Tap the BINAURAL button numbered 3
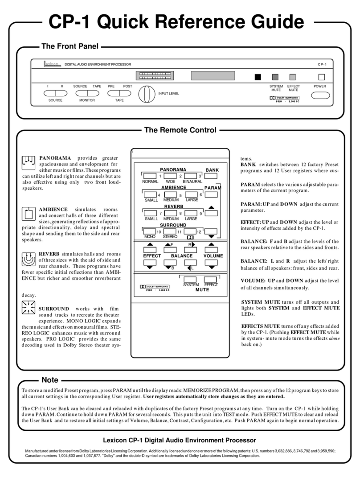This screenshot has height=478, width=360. pos(191,177)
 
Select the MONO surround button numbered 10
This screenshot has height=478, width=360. pos(149,231)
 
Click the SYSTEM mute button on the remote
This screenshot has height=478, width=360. pos(190,280)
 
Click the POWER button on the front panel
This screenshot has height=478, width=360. pos(320,95)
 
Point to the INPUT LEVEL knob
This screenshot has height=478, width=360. pos(145,94)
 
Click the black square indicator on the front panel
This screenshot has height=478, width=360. pos(258,77)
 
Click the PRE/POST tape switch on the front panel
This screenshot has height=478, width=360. pos(119,94)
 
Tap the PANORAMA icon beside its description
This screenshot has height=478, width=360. pos(29,164)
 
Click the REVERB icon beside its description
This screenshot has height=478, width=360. pos(29,258)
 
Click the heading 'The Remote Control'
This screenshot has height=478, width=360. pos(180,130)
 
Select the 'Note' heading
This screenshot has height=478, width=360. pos(49,380)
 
